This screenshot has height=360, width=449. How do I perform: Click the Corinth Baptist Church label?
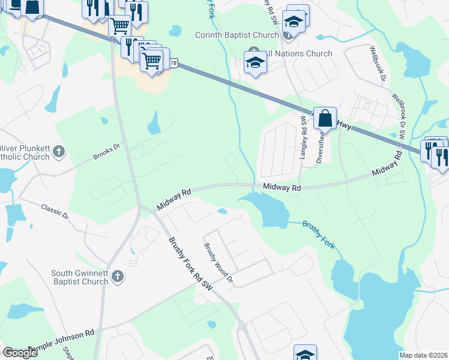238,35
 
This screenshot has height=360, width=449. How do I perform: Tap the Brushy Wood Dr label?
217,263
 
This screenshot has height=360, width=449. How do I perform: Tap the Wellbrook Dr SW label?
401,117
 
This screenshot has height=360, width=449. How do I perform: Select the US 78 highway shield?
173,62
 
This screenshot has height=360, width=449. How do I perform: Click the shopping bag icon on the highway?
325,118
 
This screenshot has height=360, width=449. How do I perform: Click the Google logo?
20,353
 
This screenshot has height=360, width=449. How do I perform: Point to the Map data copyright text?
424,355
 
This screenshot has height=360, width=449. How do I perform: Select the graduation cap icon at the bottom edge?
305,354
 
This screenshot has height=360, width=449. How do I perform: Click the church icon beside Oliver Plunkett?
59,151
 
